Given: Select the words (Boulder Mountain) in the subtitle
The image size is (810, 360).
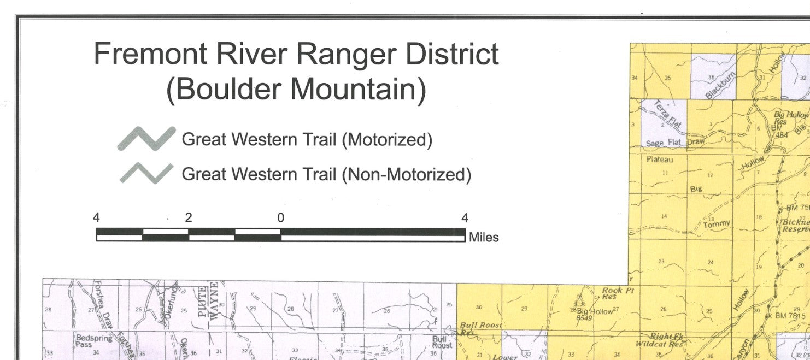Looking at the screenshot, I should [x=296, y=89].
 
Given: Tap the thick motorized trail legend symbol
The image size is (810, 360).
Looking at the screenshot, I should [x=146, y=139].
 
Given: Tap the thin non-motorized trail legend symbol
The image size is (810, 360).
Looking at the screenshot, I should [x=146, y=174].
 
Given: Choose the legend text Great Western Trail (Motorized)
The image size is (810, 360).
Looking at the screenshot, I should [x=307, y=140].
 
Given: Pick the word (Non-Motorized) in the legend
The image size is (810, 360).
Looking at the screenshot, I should [x=406, y=175].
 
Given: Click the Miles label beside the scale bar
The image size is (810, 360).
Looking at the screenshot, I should [x=484, y=238].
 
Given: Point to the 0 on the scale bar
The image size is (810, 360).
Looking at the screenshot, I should [x=280, y=218].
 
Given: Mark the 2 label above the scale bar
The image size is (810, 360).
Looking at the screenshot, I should [x=189, y=218].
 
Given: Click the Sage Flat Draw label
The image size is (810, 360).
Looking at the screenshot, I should [x=676, y=143].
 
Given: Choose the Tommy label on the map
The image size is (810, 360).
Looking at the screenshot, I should [x=717, y=225].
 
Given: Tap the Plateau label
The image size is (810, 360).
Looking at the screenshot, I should [x=660, y=160].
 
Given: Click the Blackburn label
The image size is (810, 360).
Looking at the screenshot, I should [x=721, y=84].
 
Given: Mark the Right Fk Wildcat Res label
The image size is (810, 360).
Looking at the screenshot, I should [x=660, y=340].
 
